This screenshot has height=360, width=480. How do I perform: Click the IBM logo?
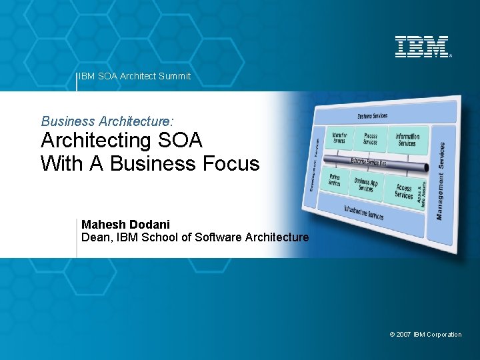(422, 47)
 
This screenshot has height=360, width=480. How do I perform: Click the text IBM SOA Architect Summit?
(135, 76)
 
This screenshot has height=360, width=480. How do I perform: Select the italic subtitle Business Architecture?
(107, 121)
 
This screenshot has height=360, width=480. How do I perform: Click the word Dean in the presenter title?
(93, 237)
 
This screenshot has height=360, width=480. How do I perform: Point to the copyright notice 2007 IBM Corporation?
(428, 335)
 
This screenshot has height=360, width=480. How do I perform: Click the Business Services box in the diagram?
(373, 115)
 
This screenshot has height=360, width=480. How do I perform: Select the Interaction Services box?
(339, 139)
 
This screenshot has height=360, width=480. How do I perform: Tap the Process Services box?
(370, 139)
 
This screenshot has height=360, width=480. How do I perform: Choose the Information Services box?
(407, 139)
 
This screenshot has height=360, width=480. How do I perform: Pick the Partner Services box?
(335, 180)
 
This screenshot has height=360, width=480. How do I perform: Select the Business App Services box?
(365, 185)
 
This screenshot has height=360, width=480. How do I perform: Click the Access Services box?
(403, 192)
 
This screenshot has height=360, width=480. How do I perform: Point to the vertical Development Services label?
(316, 160)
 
